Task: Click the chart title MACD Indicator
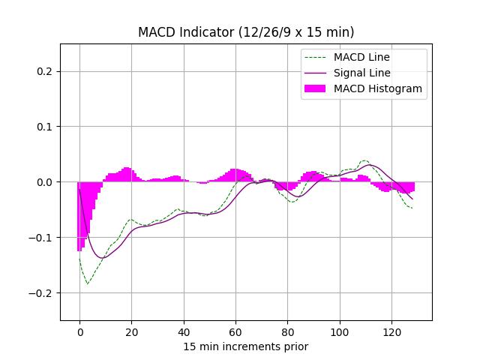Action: pyautogui.click(x=246, y=32)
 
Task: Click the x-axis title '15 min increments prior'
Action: pyautogui.click(x=246, y=346)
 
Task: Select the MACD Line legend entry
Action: pyautogui.click(x=361, y=57)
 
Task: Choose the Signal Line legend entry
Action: pyautogui.click(x=361, y=73)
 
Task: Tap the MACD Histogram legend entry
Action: pyautogui.click(x=377, y=88)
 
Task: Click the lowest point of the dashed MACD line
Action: pyautogui.click(x=87, y=283)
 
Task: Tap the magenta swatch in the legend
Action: pyautogui.click(x=315, y=88)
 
